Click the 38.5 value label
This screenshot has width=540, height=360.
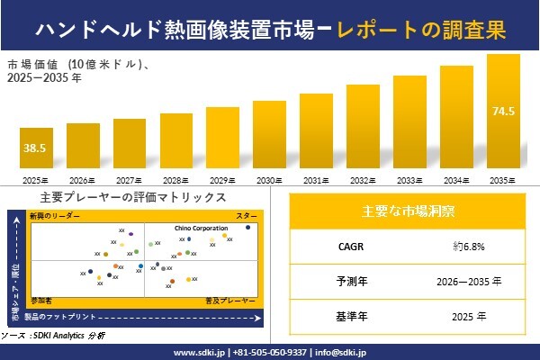[x=35, y=147]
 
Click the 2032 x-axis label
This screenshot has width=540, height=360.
[x=363, y=181]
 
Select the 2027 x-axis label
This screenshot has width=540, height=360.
[x=130, y=181]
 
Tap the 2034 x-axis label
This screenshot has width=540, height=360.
[x=456, y=181]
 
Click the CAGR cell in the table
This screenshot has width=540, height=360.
[x=346, y=245]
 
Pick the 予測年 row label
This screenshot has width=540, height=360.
[x=346, y=281]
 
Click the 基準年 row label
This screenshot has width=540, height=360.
[x=346, y=316]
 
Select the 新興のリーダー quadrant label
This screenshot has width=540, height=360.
[x=55, y=217]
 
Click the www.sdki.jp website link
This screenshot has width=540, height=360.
[x=199, y=352]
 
